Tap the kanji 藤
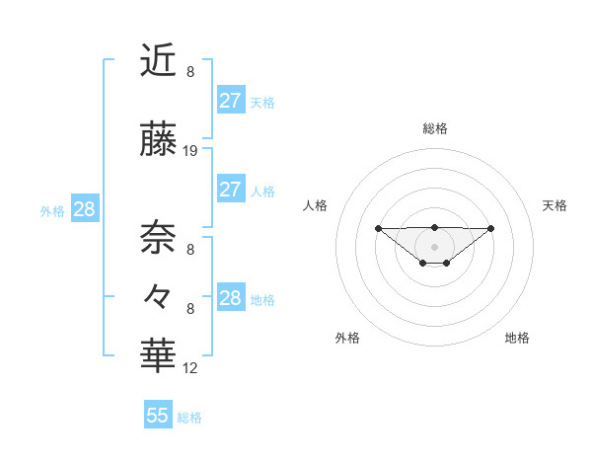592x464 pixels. click(x=158, y=141)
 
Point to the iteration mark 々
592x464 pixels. click(x=158, y=295)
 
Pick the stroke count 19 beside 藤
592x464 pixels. click(x=190, y=151)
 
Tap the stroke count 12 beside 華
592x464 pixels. click(x=190, y=368)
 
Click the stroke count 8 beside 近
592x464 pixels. click(x=190, y=71)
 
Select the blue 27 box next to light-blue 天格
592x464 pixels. click(x=230, y=100)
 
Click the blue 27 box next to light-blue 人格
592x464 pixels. click(x=230, y=190)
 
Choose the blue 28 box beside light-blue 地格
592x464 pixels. click(x=230, y=298)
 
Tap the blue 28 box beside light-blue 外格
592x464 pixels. click(x=84, y=209)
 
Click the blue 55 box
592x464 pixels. click(x=158, y=416)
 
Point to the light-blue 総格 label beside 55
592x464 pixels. click(x=189, y=418)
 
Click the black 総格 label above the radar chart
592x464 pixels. click(x=434, y=128)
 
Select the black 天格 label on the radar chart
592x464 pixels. click(x=555, y=205)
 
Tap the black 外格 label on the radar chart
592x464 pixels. click(x=347, y=338)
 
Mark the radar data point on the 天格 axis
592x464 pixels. click(x=491, y=228)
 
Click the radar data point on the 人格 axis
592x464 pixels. click(x=378, y=228)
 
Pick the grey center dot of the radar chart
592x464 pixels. click(x=434, y=246)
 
